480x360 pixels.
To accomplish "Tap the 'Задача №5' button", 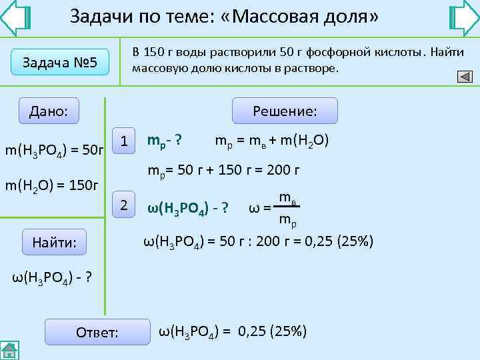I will (x=61, y=63).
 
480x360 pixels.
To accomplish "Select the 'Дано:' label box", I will (x=49, y=110).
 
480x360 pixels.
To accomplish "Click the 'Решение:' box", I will (x=285, y=111).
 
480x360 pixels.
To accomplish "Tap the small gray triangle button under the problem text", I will (x=465, y=77).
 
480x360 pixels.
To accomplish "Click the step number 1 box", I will (x=123, y=139).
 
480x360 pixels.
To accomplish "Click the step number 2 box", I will (x=123, y=205).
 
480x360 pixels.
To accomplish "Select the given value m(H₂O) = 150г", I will (x=51, y=184).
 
